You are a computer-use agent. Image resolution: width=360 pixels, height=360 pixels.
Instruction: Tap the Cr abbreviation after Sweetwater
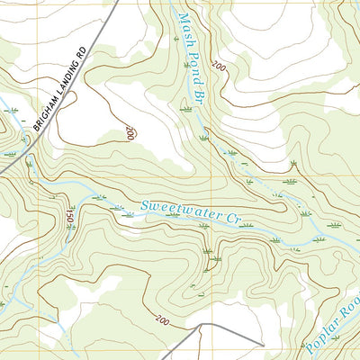pos(235,217)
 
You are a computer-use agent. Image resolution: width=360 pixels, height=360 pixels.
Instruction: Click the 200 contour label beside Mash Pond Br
pos(219,67)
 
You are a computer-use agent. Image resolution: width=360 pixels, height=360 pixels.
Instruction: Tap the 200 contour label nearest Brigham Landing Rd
pos(130,132)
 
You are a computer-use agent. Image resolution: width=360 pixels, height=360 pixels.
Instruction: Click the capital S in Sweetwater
pos(145,206)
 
